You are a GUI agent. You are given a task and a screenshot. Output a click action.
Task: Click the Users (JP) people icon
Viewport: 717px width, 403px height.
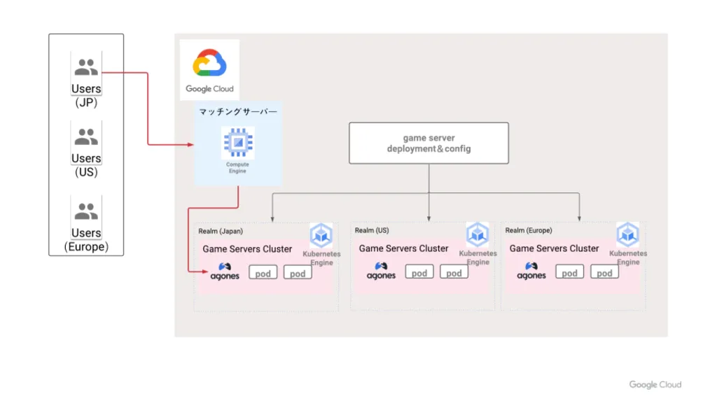[x=86, y=66]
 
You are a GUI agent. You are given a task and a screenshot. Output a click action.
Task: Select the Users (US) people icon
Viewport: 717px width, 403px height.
[x=86, y=136]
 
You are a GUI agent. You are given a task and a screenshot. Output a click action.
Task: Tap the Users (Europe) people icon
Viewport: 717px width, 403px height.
[x=86, y=211]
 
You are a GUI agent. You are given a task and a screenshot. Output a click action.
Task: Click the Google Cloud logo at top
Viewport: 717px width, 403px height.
[x=209, y=62]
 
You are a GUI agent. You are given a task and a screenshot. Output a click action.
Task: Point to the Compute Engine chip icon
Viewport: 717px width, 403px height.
[x=238, y=142]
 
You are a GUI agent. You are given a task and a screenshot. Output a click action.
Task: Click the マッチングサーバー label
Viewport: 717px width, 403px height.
[x=238, y=111]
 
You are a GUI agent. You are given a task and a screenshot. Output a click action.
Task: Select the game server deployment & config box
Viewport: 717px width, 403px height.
[x=429, y=143]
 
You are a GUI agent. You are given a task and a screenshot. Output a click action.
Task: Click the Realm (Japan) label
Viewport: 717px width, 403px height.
[x=221, y=231]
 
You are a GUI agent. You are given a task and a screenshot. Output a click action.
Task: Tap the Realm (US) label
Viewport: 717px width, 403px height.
[x=372, y=230]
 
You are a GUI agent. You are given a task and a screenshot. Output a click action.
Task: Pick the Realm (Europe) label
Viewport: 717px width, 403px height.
[x=529, y=230]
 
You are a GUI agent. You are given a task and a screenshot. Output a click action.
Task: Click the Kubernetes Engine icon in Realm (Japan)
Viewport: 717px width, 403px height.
[x=321, y=235]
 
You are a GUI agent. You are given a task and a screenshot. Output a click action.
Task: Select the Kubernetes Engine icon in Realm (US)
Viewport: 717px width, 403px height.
[x=478, y=234]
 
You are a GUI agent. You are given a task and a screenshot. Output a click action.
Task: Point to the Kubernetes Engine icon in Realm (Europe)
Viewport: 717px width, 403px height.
[x=627, y=234]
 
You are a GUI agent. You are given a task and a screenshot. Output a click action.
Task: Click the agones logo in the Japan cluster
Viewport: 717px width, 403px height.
[x=225, y=271]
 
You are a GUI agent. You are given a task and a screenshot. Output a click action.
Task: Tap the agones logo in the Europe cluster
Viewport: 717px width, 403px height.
[x=531, y=271]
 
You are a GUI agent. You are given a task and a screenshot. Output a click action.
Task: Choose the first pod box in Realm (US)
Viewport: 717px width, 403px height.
[x=419, y=272]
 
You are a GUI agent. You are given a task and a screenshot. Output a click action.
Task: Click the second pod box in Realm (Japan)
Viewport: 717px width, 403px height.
[x=298, y=273]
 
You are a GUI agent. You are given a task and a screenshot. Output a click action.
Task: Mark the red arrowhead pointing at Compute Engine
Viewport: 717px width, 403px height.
[x=190, y=145]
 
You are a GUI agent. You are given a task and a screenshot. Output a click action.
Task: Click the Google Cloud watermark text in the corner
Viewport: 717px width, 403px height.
[x=655, y=385]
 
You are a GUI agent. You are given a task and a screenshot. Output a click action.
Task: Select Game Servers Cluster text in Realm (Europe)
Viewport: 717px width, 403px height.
[x=555, y=248]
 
